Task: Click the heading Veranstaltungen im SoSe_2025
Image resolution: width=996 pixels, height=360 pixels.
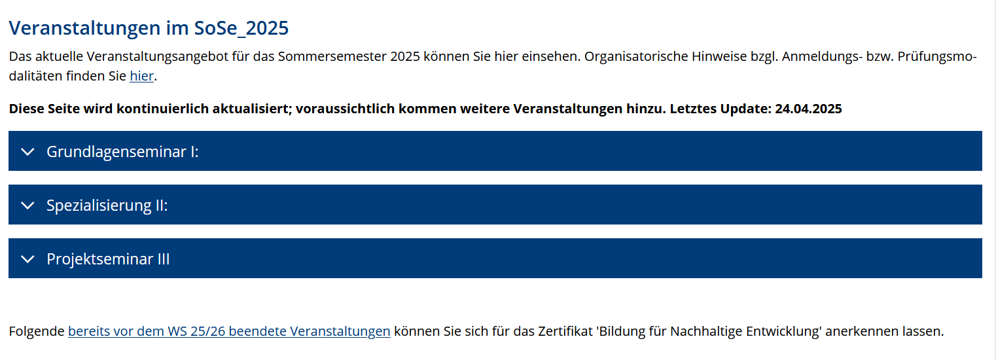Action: (x=149, y=29)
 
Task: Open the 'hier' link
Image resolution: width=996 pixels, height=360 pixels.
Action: (x=141, y=76)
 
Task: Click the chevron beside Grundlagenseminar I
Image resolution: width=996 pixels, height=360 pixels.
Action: (x=27, y=152)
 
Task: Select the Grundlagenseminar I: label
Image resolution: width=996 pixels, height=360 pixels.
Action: (x=122, y=152)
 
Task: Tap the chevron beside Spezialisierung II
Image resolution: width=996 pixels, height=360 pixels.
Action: (x=27, y=206)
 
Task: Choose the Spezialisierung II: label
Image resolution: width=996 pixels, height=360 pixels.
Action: (x=107, y=206)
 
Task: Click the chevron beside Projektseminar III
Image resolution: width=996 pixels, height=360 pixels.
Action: (x=27, y=259)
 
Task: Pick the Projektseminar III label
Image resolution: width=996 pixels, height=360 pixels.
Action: (x=108, y=259)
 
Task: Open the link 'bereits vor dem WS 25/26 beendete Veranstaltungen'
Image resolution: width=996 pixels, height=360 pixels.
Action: (x=229, y=331)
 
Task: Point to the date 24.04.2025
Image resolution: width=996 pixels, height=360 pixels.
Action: (x=808, y=109)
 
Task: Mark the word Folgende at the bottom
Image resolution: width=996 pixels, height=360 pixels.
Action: (x=37, y=331)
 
